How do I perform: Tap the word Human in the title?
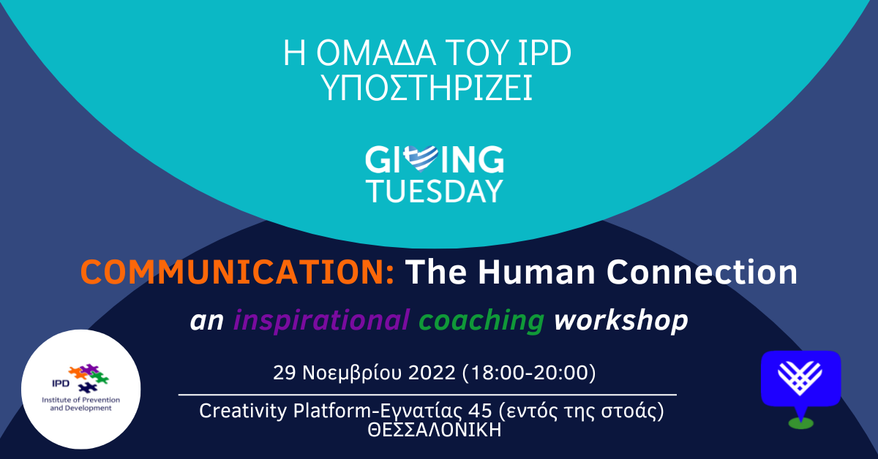(537, 272)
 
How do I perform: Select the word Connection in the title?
(702, 272)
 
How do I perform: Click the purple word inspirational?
(321, 321)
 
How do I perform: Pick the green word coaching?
(481, 321)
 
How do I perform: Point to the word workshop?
(621, 321)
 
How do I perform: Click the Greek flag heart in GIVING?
(421, 159)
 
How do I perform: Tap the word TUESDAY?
(435, 191)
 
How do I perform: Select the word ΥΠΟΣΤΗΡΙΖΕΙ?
(427, 88)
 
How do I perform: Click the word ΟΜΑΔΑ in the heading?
(375, 53)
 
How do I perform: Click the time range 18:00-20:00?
(529, 373)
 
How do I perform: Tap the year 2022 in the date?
(432, 373)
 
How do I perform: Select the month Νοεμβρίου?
(352, 373)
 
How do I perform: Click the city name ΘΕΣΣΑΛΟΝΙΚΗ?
(435, 430)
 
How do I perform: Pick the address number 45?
(480, 411)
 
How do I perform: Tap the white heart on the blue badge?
(800, 378)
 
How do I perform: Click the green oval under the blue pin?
(800, 423)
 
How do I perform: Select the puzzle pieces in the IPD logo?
(89, 378)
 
